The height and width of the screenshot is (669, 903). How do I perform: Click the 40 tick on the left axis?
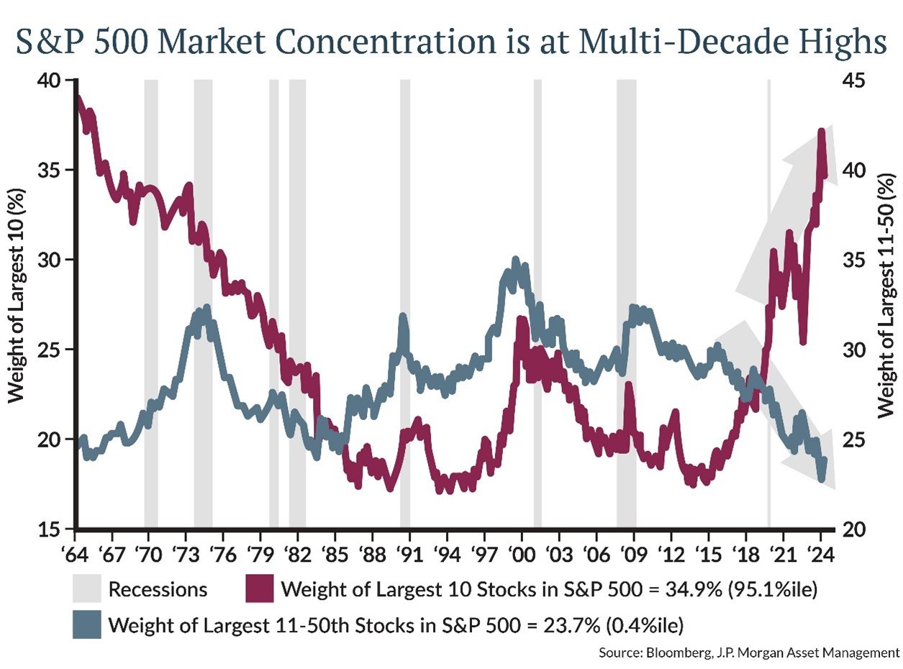pyautogui.click(x=49, y=81)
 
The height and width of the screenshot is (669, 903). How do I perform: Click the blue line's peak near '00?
pyautogui.click(x=515, y=261)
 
